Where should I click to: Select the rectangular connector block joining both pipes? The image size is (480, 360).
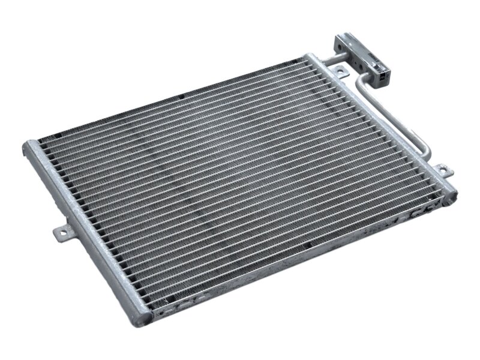point(360,56)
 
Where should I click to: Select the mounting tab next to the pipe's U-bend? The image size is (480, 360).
point(442,170)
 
